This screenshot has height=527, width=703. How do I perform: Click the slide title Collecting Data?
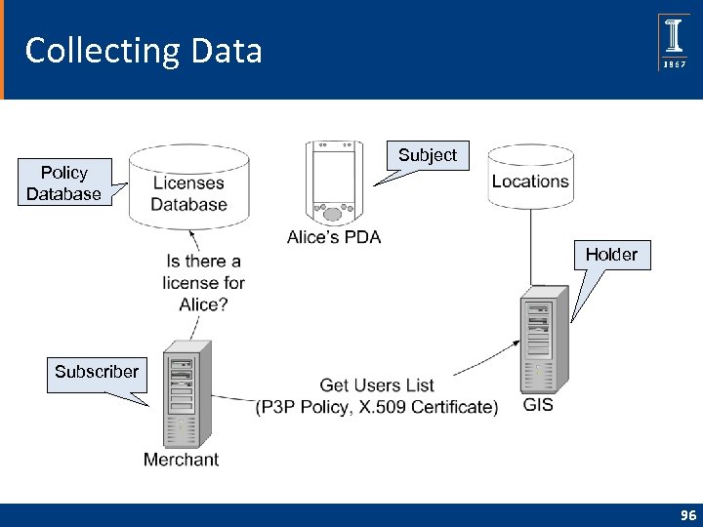(x=144, y=50)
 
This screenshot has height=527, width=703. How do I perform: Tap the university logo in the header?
(x=674, y=42)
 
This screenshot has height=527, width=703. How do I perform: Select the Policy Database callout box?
(x=63, y=182)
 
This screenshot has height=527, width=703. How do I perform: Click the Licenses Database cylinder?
(x=188, y=191)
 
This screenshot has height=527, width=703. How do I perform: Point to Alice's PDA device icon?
(x=333, y=182)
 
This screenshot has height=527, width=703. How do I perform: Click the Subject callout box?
(x=428, y=155)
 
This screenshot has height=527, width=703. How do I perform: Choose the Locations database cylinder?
(x=530, y=178)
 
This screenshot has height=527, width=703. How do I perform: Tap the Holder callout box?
(x=611, y=255)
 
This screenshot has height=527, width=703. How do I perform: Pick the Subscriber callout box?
(x=97, y=372)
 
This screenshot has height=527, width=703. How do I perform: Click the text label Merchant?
(x=182, y=460)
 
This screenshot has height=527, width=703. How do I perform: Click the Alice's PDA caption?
(x=334, y=237)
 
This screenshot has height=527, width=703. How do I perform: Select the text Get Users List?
(x=377, y=385)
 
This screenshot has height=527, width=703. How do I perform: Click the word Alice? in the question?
(x=203, y=304)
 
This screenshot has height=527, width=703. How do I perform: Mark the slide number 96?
(x=688, y=515)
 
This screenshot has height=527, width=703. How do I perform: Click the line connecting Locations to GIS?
(x=530, y=249)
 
